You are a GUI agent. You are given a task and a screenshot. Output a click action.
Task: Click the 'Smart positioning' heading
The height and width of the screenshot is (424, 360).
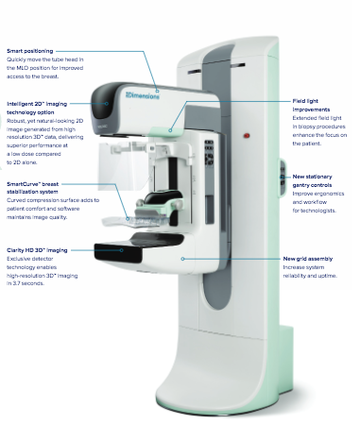tap(30, 51)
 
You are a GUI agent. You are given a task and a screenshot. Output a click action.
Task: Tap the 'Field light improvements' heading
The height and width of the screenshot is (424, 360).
tap(311, 106)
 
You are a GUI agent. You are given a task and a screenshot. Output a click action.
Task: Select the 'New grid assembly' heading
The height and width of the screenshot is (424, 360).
tap(308, 259)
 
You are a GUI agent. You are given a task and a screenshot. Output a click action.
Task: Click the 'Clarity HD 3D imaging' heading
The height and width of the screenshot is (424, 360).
tap(37, 250)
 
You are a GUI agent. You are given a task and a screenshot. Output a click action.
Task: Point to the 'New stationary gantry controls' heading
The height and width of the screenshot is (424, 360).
tap(312, 181)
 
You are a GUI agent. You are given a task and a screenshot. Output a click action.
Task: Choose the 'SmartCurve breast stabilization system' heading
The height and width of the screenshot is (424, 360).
tap(33, 188)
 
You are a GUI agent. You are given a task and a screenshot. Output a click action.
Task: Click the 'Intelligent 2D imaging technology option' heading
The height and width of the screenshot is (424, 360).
tap(37, 108)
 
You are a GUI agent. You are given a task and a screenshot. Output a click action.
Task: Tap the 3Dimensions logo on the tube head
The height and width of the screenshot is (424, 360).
tap(143, 95)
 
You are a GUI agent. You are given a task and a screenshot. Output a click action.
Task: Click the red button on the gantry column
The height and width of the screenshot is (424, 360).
tap(247, 136)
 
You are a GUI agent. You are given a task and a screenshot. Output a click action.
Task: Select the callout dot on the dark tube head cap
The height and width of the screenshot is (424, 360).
tap(107, 104)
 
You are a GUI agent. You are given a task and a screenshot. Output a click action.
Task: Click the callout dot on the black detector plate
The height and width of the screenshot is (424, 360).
tap(122, 250)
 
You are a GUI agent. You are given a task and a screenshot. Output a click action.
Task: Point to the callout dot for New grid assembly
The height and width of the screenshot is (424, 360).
tap(182, 259)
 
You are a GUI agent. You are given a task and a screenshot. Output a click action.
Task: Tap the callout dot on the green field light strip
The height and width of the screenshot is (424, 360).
tap(170, 130)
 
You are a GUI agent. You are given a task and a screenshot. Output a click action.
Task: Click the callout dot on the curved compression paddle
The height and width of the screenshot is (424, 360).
tap(128, 218)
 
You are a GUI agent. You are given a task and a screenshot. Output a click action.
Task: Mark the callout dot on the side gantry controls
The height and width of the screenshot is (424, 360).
tap(282, 178)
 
